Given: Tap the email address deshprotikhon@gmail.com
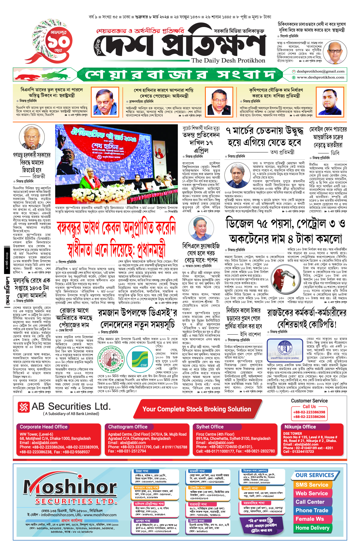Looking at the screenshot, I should coord(320,71).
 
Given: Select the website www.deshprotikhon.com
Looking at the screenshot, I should coord(320,77).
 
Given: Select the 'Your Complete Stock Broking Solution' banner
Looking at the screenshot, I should coord(196,409).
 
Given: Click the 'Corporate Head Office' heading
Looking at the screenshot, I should coord(44,427).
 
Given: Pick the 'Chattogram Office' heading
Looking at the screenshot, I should coord(128,427).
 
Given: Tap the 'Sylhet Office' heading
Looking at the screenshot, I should coord(210,427).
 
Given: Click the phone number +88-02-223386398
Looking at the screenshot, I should coord(309,412).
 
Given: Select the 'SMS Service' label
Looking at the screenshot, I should coord(312,485).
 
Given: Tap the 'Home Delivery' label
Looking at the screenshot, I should coord(312,528).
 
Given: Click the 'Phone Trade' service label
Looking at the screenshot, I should coord(312,510).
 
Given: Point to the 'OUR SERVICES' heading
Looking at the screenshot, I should coord(315,475).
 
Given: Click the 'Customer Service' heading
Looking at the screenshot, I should coord(309,401).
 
